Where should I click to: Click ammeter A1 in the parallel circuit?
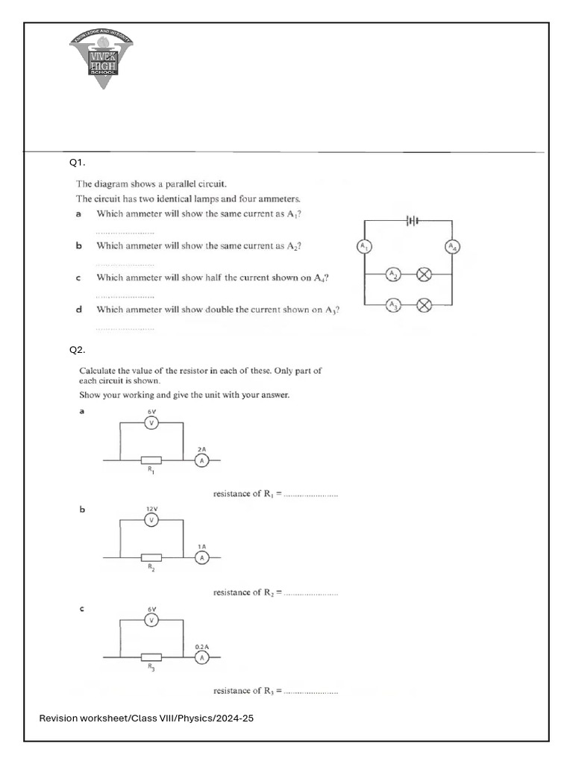(364, 246)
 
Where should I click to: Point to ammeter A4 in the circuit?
(452, 247)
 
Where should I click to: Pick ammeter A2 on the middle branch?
(393, 275)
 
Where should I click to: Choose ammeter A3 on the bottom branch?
(393, 304)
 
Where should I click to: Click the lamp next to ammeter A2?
(424, 275)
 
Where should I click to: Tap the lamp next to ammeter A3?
(424, 304)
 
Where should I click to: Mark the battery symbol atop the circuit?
(412, 220)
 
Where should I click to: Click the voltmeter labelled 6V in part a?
(151, 423)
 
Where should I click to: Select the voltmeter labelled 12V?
(151, 520)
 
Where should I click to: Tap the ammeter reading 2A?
(201, 460)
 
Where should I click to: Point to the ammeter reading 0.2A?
(201, 657)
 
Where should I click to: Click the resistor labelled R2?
(151, 557)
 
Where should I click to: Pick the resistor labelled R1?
(151, 460)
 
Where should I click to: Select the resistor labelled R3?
(151, 657)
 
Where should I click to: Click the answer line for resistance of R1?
(310, 495)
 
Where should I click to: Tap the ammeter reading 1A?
(201, 557)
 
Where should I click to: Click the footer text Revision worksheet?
(150, 718)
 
